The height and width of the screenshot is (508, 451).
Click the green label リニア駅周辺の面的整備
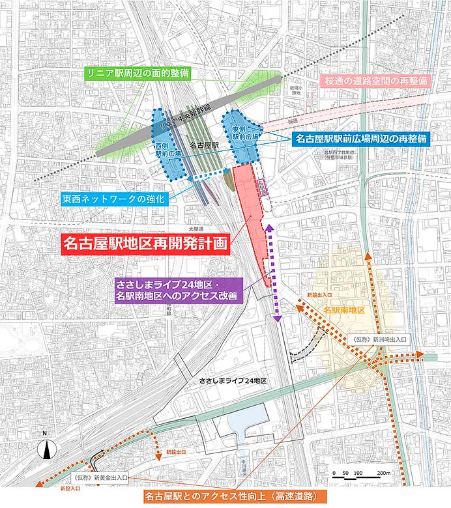coord(139,74)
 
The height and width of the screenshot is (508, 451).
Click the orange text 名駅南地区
coord(343,310)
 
